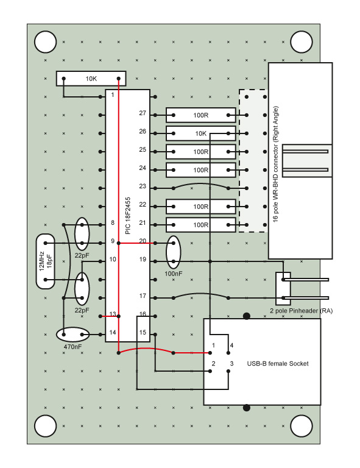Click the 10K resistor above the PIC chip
(91, 79)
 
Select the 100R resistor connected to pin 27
(200, 115)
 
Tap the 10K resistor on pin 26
(200, 133)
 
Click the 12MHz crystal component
(45, 261)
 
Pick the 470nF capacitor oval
(72, 335)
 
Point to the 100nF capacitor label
(173, 274)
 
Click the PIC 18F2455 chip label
(128, 216)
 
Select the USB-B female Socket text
(278, 364)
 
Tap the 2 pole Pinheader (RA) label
(302, 311)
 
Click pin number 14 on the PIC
(113, 332)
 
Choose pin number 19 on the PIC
(143, 259)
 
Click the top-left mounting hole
(45, 42)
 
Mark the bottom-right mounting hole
(302, 426)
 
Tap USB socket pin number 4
(231, 346)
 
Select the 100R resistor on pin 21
(200, 225)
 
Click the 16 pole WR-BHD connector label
(275, 164)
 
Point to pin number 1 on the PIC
(113, 95)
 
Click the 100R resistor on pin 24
(200, 170)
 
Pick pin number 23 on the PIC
(143, 186)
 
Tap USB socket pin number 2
(213, 364)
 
